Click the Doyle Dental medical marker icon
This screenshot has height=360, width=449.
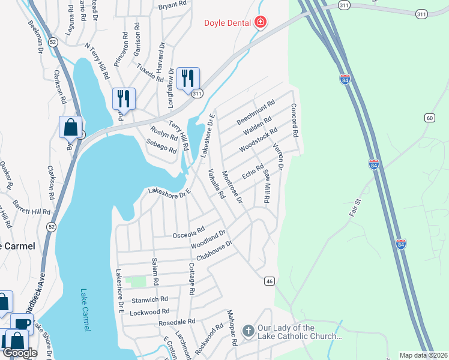pos(261,23)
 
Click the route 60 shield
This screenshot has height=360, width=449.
pos(430,118)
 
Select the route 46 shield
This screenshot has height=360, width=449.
pos(270,280)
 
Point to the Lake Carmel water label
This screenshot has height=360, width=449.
pos(85,311)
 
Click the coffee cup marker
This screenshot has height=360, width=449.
pos(22,325)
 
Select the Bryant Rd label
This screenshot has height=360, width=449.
pos(172,7)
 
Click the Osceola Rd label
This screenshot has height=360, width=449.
pos(188,232)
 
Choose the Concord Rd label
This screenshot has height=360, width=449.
pos(294,121)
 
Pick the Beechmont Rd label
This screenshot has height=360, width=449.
pos(256,112)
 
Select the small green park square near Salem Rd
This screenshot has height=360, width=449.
pos(139,281)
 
